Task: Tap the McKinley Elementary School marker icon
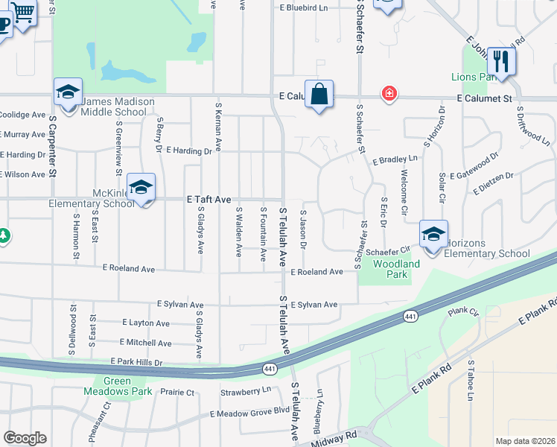point(140,187)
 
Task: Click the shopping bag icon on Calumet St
point(319,95)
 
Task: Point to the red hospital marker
point(389,94)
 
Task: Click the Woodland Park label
point(390,269)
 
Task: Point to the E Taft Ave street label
point(209,199)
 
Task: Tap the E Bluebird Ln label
point(304,8)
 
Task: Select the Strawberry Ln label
point(246,391)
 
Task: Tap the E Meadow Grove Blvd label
point(249,411)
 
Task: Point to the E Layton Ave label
point(146,323)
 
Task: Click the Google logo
point(25,438)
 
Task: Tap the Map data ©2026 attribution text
point(525,441)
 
